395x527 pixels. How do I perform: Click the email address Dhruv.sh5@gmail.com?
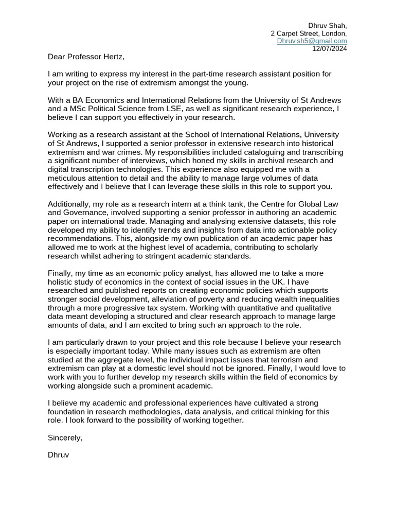312,41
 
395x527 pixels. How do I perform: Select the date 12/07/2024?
330,48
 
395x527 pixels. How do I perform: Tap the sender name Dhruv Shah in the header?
327,25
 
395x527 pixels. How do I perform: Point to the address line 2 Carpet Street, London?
309,33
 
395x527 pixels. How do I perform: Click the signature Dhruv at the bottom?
58,455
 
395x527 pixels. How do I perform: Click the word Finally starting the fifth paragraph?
61,273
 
